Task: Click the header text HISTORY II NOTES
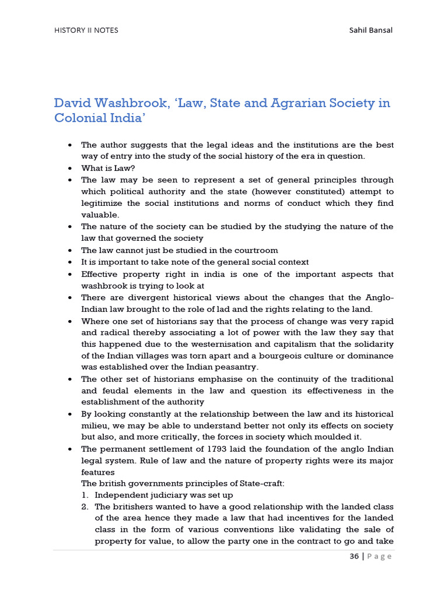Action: coord(86,30)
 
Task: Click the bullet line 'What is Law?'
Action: coord(108,168)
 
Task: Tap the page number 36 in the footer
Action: coord(354,556)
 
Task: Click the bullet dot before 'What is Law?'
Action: coord(70,168)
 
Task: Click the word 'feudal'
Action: coord(112,391)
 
